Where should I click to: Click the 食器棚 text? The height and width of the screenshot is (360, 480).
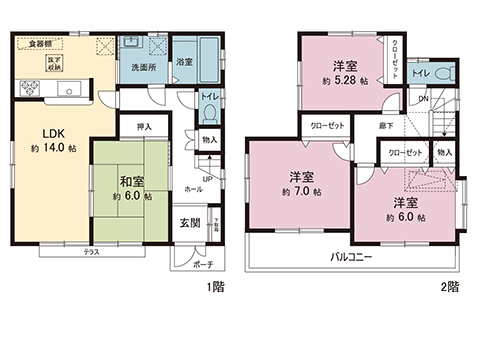40,45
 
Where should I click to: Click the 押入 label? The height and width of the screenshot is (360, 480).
143,127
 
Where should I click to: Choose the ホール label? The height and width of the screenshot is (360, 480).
193,189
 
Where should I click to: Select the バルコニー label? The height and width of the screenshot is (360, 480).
353,257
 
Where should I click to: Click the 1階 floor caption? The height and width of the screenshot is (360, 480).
214,286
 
